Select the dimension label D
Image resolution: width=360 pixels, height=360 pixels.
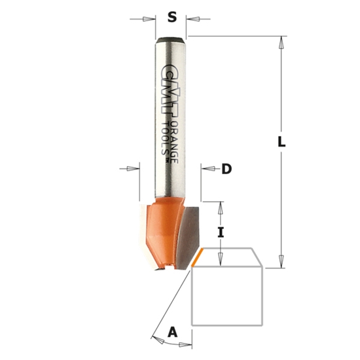pos(226,170)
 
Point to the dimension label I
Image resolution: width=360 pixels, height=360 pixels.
pos(221,231)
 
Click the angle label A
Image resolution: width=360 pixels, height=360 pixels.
pos(173,333)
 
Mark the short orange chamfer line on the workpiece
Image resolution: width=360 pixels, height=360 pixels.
pos(197,259)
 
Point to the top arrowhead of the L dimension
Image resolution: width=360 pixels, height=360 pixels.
pos(283,41)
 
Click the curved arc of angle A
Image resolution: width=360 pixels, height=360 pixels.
pos(157,338)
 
